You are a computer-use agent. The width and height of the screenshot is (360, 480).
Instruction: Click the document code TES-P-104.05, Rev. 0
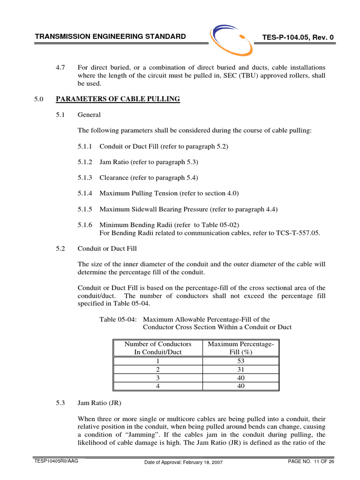pyautogui.click(x=295, y=37)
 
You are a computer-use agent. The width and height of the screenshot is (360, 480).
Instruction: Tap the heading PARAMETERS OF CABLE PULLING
pyautogui.click(x=118, y=99)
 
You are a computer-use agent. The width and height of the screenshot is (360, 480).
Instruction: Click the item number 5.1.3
pyautogui.click(x=85, y=178)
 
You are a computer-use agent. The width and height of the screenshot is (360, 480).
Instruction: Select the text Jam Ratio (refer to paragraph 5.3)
pyautogui.click(x=149, y=162)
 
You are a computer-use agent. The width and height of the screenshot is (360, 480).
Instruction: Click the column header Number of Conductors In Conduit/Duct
pyautogui.click(x=158, y=348)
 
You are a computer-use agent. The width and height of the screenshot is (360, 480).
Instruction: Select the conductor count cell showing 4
pyautogui.click(x=158, y=386)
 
